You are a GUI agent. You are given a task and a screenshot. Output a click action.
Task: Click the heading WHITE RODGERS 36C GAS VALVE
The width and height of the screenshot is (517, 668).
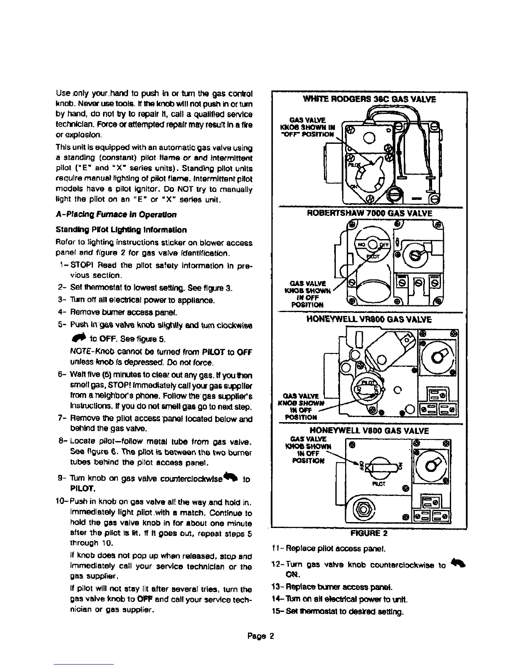click(366, 100)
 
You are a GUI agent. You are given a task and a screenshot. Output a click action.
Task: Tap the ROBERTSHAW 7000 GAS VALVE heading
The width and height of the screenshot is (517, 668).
click(370, 213)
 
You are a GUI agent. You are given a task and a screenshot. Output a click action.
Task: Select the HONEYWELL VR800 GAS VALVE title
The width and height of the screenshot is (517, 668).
click(370, 320)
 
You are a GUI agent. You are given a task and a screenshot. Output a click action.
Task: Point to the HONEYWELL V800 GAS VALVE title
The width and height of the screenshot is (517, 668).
click(370, 431)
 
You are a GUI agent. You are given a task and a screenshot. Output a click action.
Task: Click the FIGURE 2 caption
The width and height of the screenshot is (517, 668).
click(369, 533)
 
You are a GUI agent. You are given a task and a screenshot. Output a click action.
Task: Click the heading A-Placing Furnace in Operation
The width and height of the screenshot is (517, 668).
click(116, 214)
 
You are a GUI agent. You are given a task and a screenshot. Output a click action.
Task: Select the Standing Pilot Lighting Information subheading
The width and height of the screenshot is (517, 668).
click(121, 230)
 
